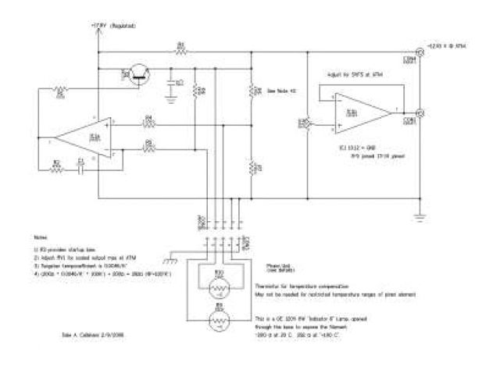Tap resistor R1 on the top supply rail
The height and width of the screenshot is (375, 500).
click(x=180, y=50)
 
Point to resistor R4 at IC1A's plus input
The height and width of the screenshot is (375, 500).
click(x=148, y=122)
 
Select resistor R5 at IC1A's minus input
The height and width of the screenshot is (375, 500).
click(x=148, y=145)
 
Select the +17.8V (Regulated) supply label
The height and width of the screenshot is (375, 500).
click(x=112, y=26)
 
